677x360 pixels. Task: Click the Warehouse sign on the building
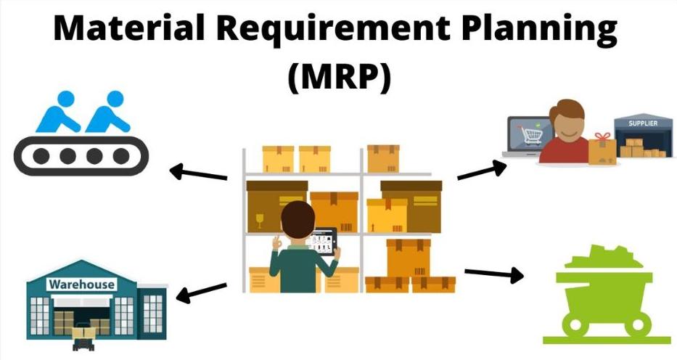(x=81, y=285)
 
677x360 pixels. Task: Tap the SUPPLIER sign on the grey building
(x=643, y=123)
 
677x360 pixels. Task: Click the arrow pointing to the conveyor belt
(x=198, y=173)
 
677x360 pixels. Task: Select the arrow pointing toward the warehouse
(x=201, y=292)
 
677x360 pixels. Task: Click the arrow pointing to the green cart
(x=494, y=274)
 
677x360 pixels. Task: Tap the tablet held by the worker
(x=322, y=242)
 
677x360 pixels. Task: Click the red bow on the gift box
(x=602, y=136)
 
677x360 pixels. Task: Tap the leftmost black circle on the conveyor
(x=41, y=156)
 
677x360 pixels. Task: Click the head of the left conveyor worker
(x=66, y=99)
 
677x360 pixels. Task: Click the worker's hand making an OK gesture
(x=276, y=242)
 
